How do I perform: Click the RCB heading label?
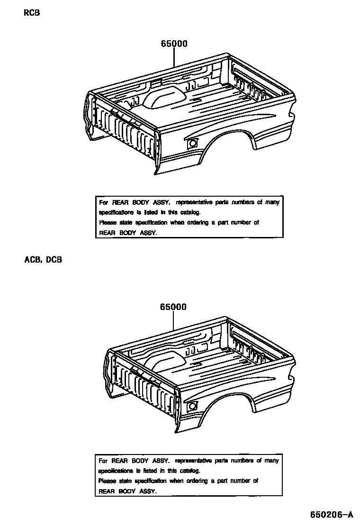click(x=32, y=13)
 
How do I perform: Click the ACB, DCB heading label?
click(x=42, y=260)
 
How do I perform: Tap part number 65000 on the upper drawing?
click(x=174, y=44)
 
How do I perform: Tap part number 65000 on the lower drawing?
click(x=173, y=307)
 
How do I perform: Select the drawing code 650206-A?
click(x=332, y=515)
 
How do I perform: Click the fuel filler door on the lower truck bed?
click(x=192, y=406)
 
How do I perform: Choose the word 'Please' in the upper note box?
click(x=107, y=223)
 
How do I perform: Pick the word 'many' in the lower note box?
click(x=271, y=461)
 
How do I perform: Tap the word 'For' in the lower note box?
click(x=103, y=461)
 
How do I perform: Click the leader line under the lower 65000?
click(x=173, y=320)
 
